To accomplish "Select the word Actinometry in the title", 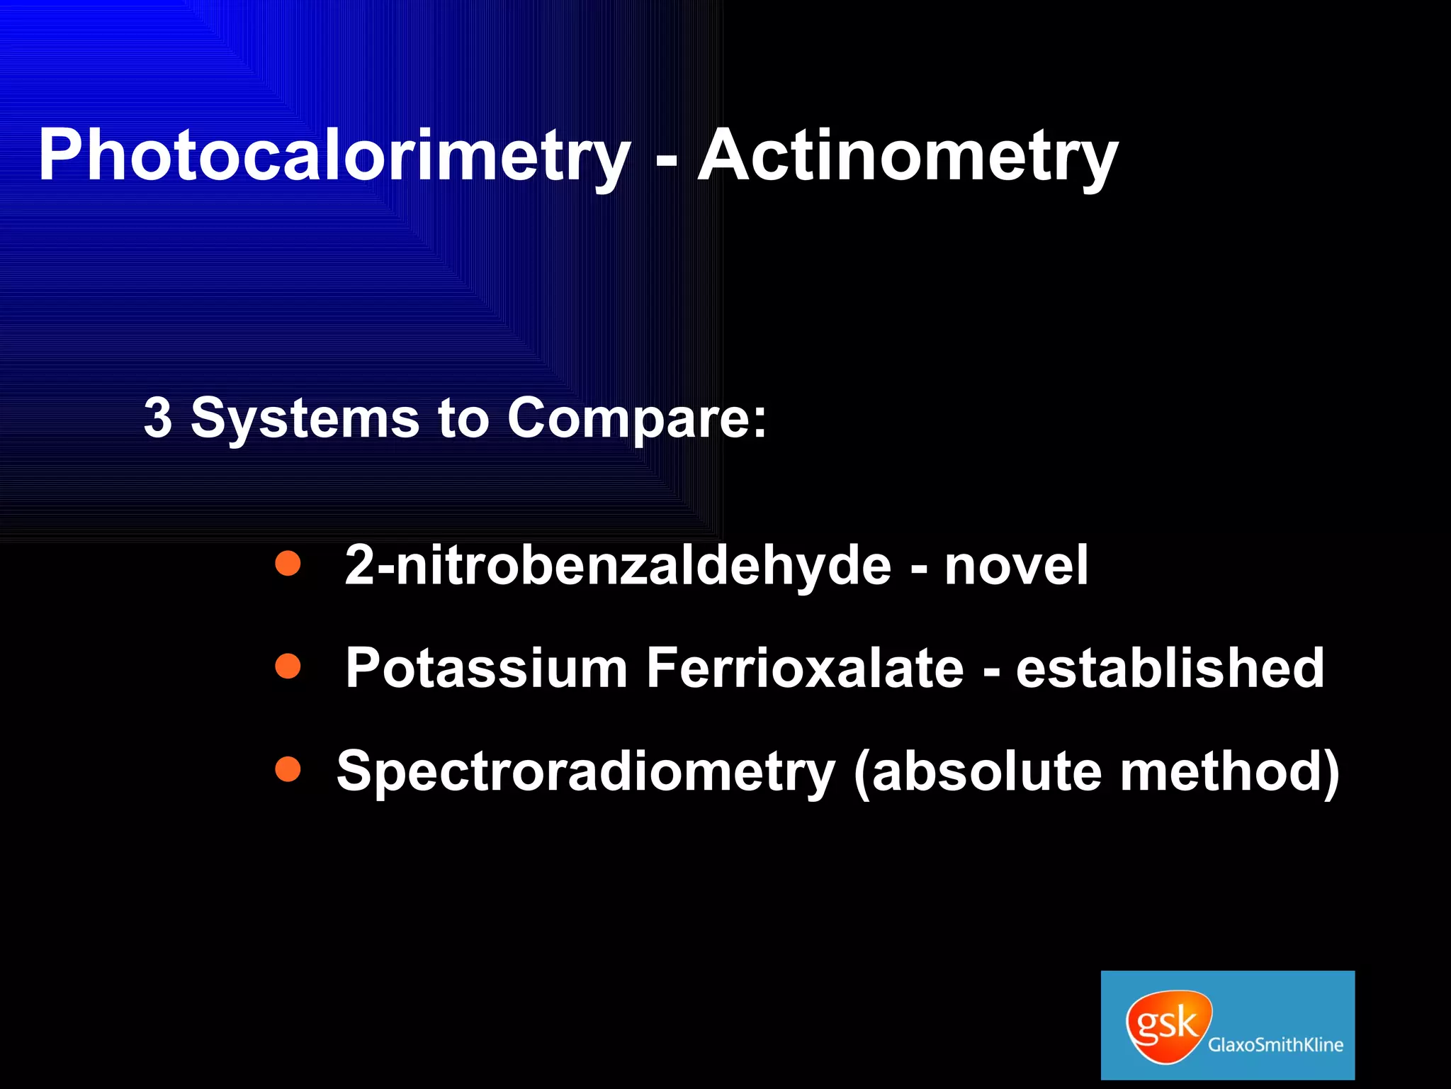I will pyautogui.click(x=907, y=157).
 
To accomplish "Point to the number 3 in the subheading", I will pyautogui.click(x=157, y=418).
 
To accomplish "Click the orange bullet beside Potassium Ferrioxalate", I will pyautogui.click(x=288, y=666).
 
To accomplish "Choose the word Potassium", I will pyautogui.click(x=486, y=669).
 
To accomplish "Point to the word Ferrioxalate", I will pyautogui.click(x=805, y=669).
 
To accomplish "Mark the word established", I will pyautogui.click(x=1170, y=669).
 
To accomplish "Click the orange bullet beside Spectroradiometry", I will pyautogui.click(x=288, y=769).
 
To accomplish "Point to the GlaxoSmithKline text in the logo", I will pyautogui.click(x=1275, y=1045).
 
